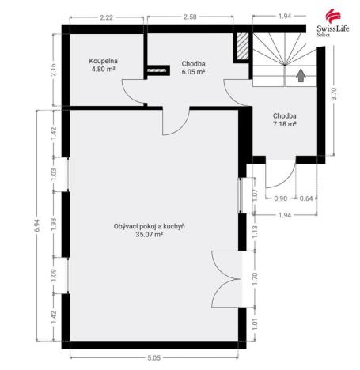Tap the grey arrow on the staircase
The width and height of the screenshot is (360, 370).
click(x=301, y=76)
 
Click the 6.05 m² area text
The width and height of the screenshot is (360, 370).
click(x=193, y=71)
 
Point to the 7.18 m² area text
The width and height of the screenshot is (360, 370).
click(x=284, y=124)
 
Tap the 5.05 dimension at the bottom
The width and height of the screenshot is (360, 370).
click(x=153, y=357)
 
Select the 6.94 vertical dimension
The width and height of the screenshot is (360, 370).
click(x=36, y=226)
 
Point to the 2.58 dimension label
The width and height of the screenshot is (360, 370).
click(x=190, y=16)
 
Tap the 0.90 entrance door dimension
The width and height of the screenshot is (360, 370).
click(x=280, y=198)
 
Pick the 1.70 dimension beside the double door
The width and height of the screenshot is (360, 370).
click(x=255, y=277)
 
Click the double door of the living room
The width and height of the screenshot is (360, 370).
click(x=225, y=277)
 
